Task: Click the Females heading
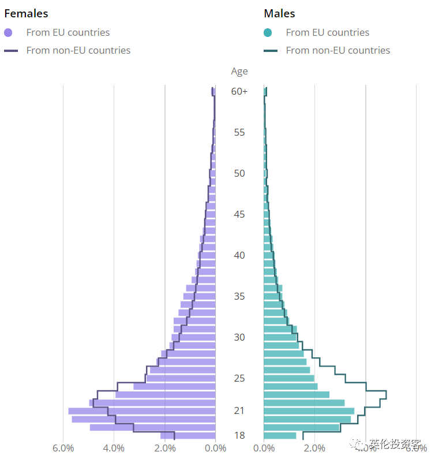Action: [26, 13]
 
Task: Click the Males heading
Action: [279, 13]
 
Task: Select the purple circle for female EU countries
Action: [8, 33]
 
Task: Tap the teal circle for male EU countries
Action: [267, 33]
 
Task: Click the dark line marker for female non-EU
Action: [11, 51]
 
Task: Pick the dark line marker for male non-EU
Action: [271, 51]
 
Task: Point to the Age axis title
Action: [239, 72]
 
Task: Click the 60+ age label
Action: [239, 91]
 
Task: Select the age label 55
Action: [239, 132]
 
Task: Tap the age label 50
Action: [239, 173]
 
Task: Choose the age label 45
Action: [239, 214]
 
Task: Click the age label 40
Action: [239, 255]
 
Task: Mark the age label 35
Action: [239, 296]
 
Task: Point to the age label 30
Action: [239, 337]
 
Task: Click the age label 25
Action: [239, 378]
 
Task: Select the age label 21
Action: [239, 411]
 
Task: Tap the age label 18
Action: [239, 435]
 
